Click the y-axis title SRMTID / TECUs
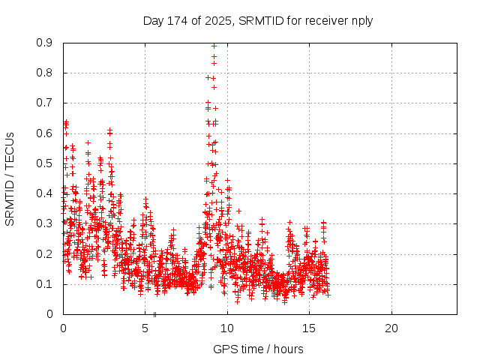click(10, 178)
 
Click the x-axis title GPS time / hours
click(258, 349)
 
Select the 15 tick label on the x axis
click(309, 328)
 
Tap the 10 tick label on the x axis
click(227, 328)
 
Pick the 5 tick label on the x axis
click(145, 328)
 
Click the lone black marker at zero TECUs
click(154, 314)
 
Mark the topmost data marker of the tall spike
click(214, 46)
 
